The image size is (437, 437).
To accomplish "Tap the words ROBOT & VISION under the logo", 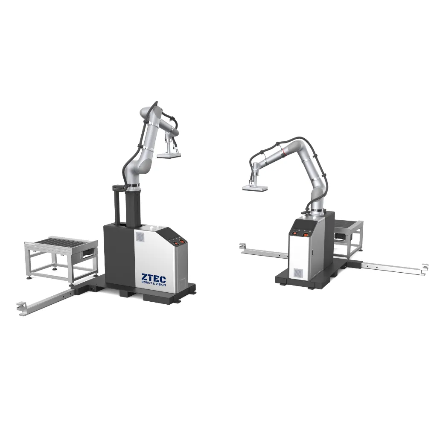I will click(x=154, y=285).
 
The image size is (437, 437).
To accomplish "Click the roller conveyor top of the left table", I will click(x=62, y=243).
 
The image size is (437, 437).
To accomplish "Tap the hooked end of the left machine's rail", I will click(x=20, y=306).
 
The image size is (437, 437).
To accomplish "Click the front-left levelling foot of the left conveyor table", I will click(x=29, y=277).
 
